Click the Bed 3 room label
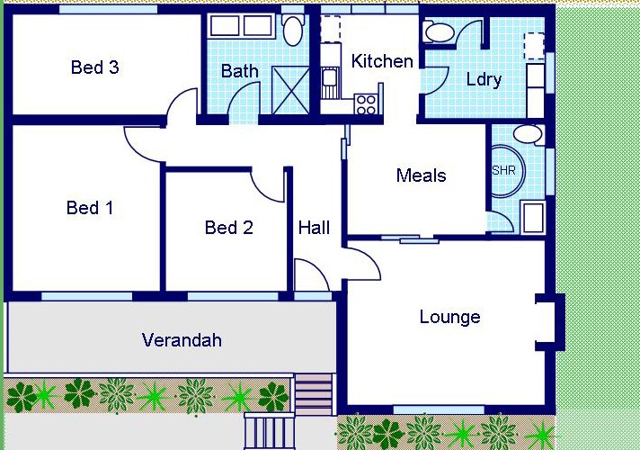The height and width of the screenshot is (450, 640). click(94, 67)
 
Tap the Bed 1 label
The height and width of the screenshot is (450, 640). click(90, 208)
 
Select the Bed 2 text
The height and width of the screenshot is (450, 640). click(228, 227)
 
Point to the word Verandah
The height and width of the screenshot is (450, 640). click(182, 339)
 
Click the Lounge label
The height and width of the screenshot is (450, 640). click(449, 317)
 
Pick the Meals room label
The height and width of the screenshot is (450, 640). click(422, 175)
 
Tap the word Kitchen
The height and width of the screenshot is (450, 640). click(382, 61)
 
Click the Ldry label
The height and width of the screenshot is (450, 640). click(484, 79)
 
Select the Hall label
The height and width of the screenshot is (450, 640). click(314, 228)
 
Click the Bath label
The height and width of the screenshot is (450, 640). click(240, 71)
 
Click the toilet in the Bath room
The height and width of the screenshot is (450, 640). click(293, 30)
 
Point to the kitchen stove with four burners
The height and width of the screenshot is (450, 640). click(366, 103)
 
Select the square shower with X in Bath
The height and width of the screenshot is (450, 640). click(290, 90)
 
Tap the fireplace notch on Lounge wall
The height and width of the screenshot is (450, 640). click(550, 322)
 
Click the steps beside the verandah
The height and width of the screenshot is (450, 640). click(314, 394)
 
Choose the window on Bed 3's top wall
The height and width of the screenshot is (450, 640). click(109, 9)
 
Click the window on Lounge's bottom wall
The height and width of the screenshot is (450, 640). click(439, 409)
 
